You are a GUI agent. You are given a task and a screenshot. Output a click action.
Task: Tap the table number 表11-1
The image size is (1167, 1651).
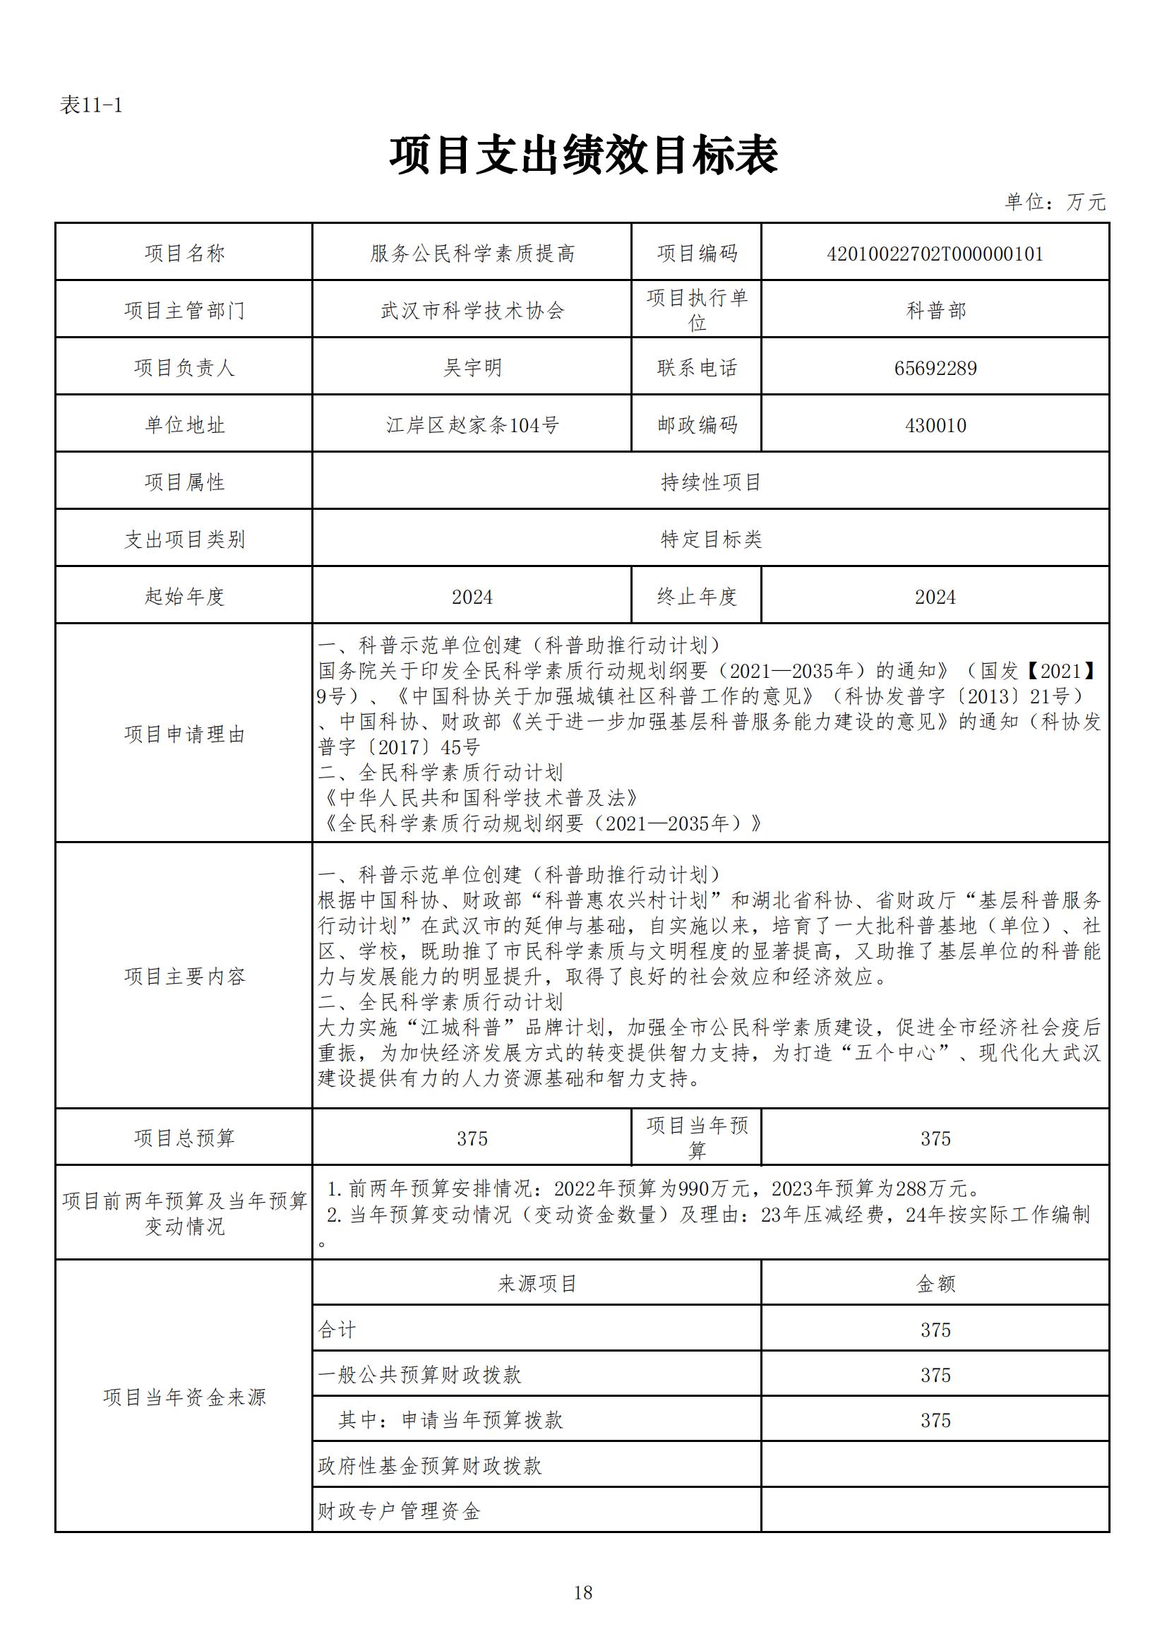(x=90, y=106)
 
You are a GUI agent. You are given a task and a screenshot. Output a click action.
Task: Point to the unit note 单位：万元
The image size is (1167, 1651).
(x=1055, y=202)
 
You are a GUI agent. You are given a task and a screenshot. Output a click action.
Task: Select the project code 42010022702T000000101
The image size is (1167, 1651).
(x=935, y=253)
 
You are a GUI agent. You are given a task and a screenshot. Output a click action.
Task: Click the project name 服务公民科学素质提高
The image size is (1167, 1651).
(x=472, y=253)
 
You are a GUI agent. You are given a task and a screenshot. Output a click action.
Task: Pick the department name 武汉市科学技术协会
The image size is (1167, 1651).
(x=472, y=311)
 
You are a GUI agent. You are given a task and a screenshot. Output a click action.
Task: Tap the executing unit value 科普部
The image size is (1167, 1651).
(x=935, y=311)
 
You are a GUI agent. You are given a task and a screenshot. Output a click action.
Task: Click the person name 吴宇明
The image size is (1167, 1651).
(x=472, y=367)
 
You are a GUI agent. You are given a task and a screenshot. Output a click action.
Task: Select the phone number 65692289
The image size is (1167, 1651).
(x=935, y=368)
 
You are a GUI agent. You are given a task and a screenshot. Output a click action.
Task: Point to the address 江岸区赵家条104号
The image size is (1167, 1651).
(x=472, y=425)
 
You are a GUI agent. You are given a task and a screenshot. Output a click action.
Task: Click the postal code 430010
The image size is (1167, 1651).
(x=935, y=425)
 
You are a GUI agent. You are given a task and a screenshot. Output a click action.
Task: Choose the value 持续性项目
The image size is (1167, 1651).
(x=711, y=482)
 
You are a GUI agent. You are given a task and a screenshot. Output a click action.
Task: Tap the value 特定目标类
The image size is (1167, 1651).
(x=711, y=540)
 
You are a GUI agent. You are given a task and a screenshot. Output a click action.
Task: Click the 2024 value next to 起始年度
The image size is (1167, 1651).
(x=472, y=597)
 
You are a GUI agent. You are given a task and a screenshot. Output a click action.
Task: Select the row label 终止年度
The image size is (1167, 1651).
(x=697, y=597)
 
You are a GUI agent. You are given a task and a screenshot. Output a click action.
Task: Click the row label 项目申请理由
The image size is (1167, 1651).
(x=185, y=734)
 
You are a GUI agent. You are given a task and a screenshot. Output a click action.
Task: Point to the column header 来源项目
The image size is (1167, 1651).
(x=537, y=1284)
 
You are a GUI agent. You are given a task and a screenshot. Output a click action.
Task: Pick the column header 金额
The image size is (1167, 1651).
(x=935, y=1284)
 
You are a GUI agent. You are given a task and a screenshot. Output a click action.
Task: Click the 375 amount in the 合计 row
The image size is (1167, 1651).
(x=935, y=1330)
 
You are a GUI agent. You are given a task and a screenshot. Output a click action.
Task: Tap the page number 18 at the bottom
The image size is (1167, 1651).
(x=583, y=1593)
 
